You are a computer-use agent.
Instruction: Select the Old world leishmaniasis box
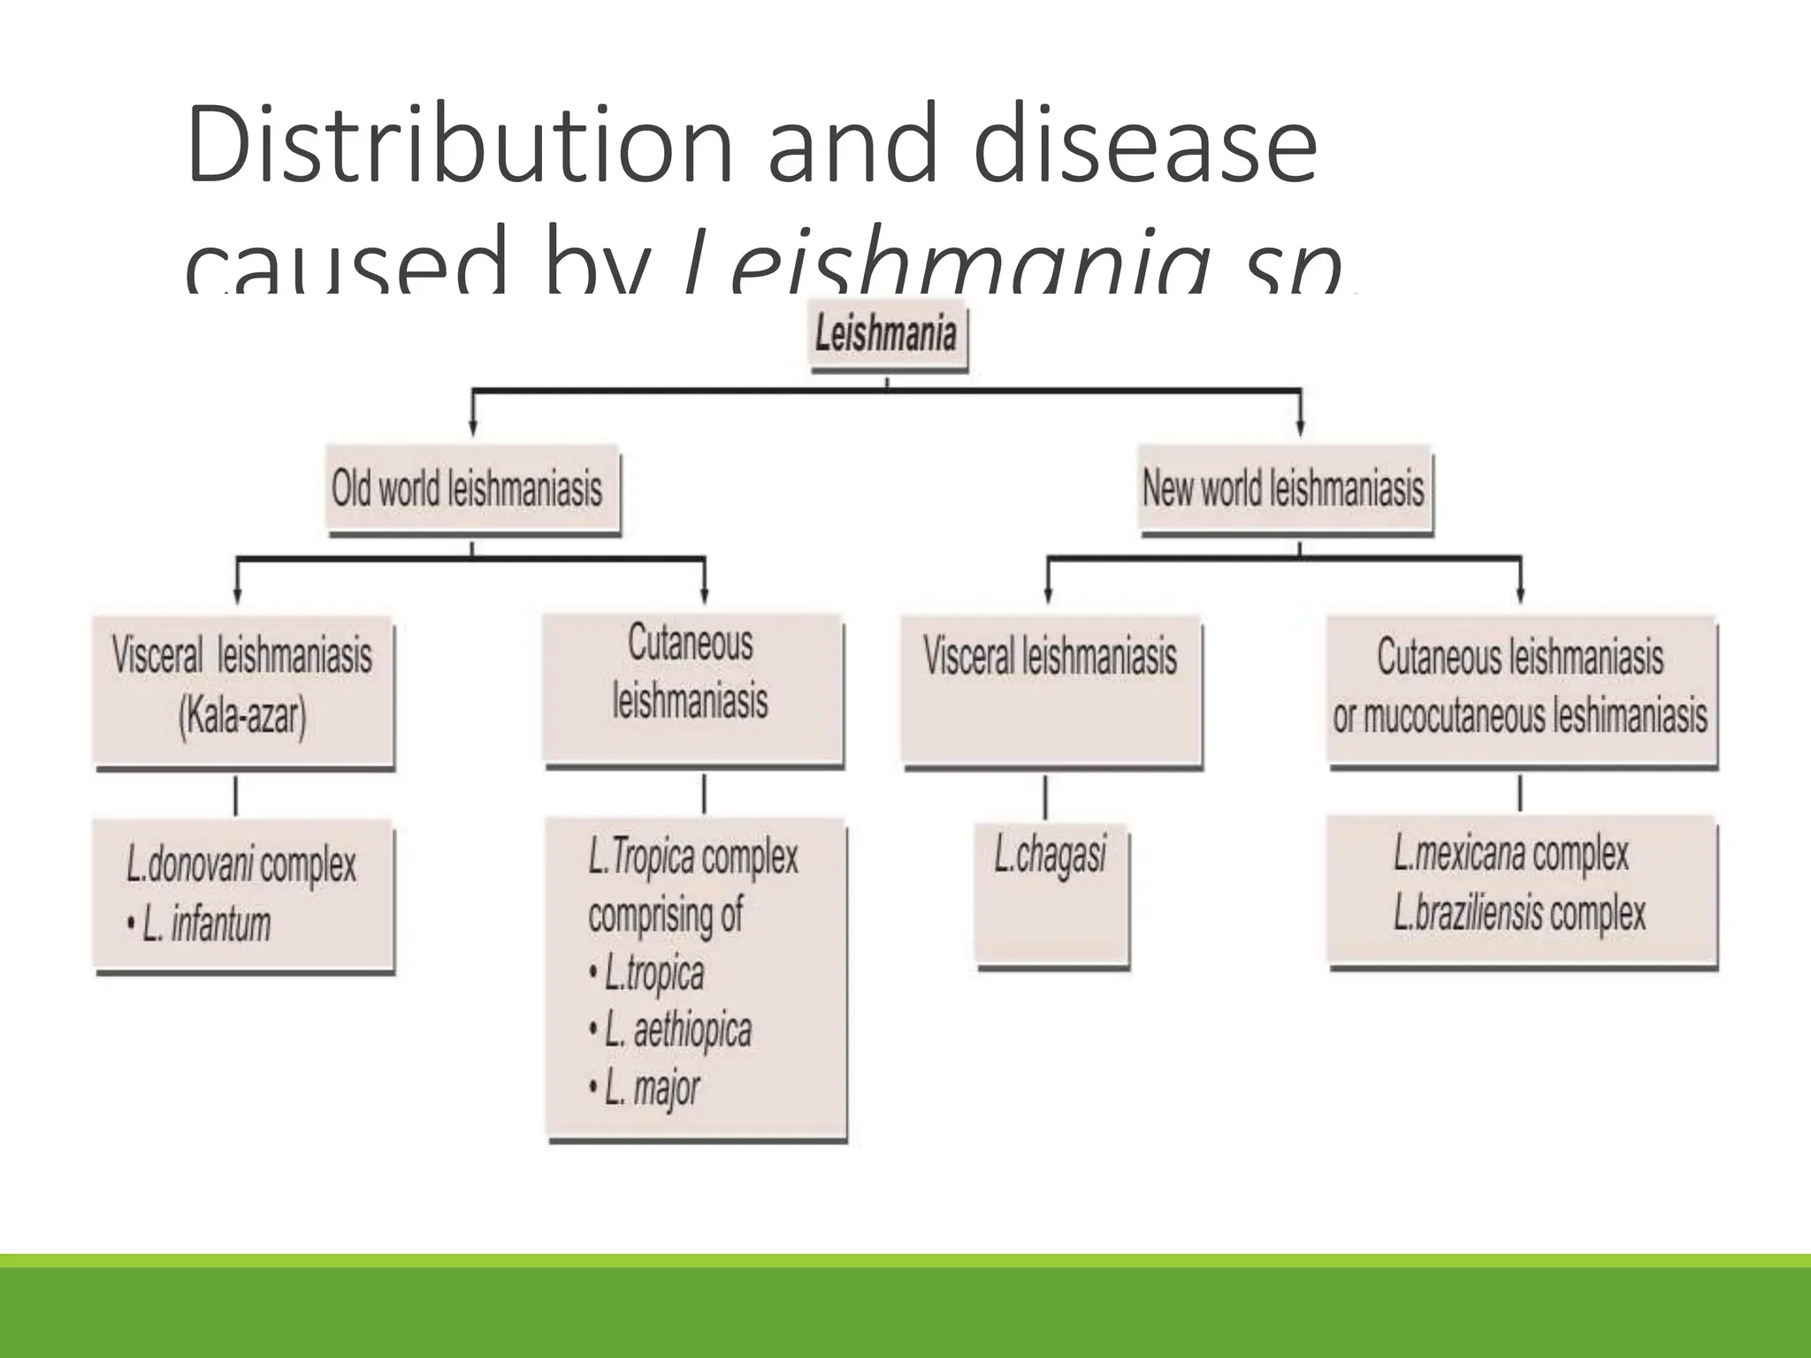click(x=471, y=490)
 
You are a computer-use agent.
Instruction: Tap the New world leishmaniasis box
click(x=1284, y=490)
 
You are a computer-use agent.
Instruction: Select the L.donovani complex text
click(x=241, y=866)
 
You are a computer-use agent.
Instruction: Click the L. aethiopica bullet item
click(x=677, y=1031)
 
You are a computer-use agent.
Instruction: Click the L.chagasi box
click(x=1051, y=893)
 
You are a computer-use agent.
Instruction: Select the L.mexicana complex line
click(x=1510, y=854)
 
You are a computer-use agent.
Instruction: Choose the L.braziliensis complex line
click(x=1519, y=913)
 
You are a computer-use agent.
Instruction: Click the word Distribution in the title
click(x=460, y=146)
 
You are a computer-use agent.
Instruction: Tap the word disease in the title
click(x=1145, y=146)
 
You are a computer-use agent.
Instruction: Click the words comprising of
click(x=665, y=915)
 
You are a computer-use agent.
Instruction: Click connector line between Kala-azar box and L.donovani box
click(x=235, y=797)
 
